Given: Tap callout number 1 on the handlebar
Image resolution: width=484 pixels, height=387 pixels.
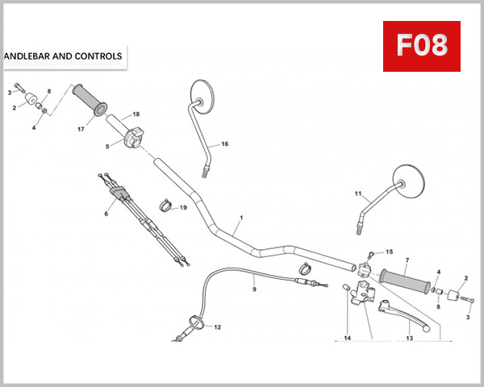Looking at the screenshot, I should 240,218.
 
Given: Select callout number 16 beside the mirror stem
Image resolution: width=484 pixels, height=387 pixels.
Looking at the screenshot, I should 224,144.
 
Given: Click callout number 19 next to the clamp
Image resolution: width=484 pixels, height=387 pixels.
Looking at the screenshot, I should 183,208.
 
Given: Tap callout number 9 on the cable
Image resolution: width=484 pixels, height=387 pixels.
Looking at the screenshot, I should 253,289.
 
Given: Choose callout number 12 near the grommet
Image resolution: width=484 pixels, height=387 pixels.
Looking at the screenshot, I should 216,327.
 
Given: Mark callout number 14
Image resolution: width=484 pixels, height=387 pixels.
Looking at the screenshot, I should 348,339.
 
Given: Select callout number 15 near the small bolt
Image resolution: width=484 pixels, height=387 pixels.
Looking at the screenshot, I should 389,252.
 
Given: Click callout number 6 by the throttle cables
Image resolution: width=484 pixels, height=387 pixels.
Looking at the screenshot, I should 106,214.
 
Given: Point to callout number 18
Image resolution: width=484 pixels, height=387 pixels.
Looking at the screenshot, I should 136,114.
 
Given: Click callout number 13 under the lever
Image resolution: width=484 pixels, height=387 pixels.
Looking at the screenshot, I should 409,339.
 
